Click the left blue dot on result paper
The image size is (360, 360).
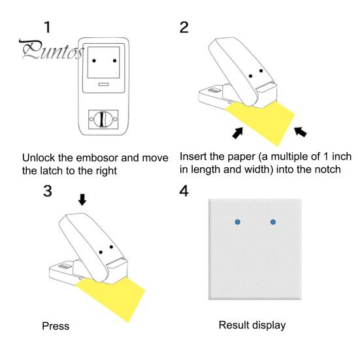pyautogui.click(x=238, y=223)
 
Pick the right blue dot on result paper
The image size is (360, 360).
pyautogui.click(x=273, y=223)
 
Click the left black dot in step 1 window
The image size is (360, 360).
pyautogui.click(x=93, y=60)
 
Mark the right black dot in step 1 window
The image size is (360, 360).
pyautogui.click(x=115, y=60)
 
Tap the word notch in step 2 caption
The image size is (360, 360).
pyautogui.click(x=331, y=172)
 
